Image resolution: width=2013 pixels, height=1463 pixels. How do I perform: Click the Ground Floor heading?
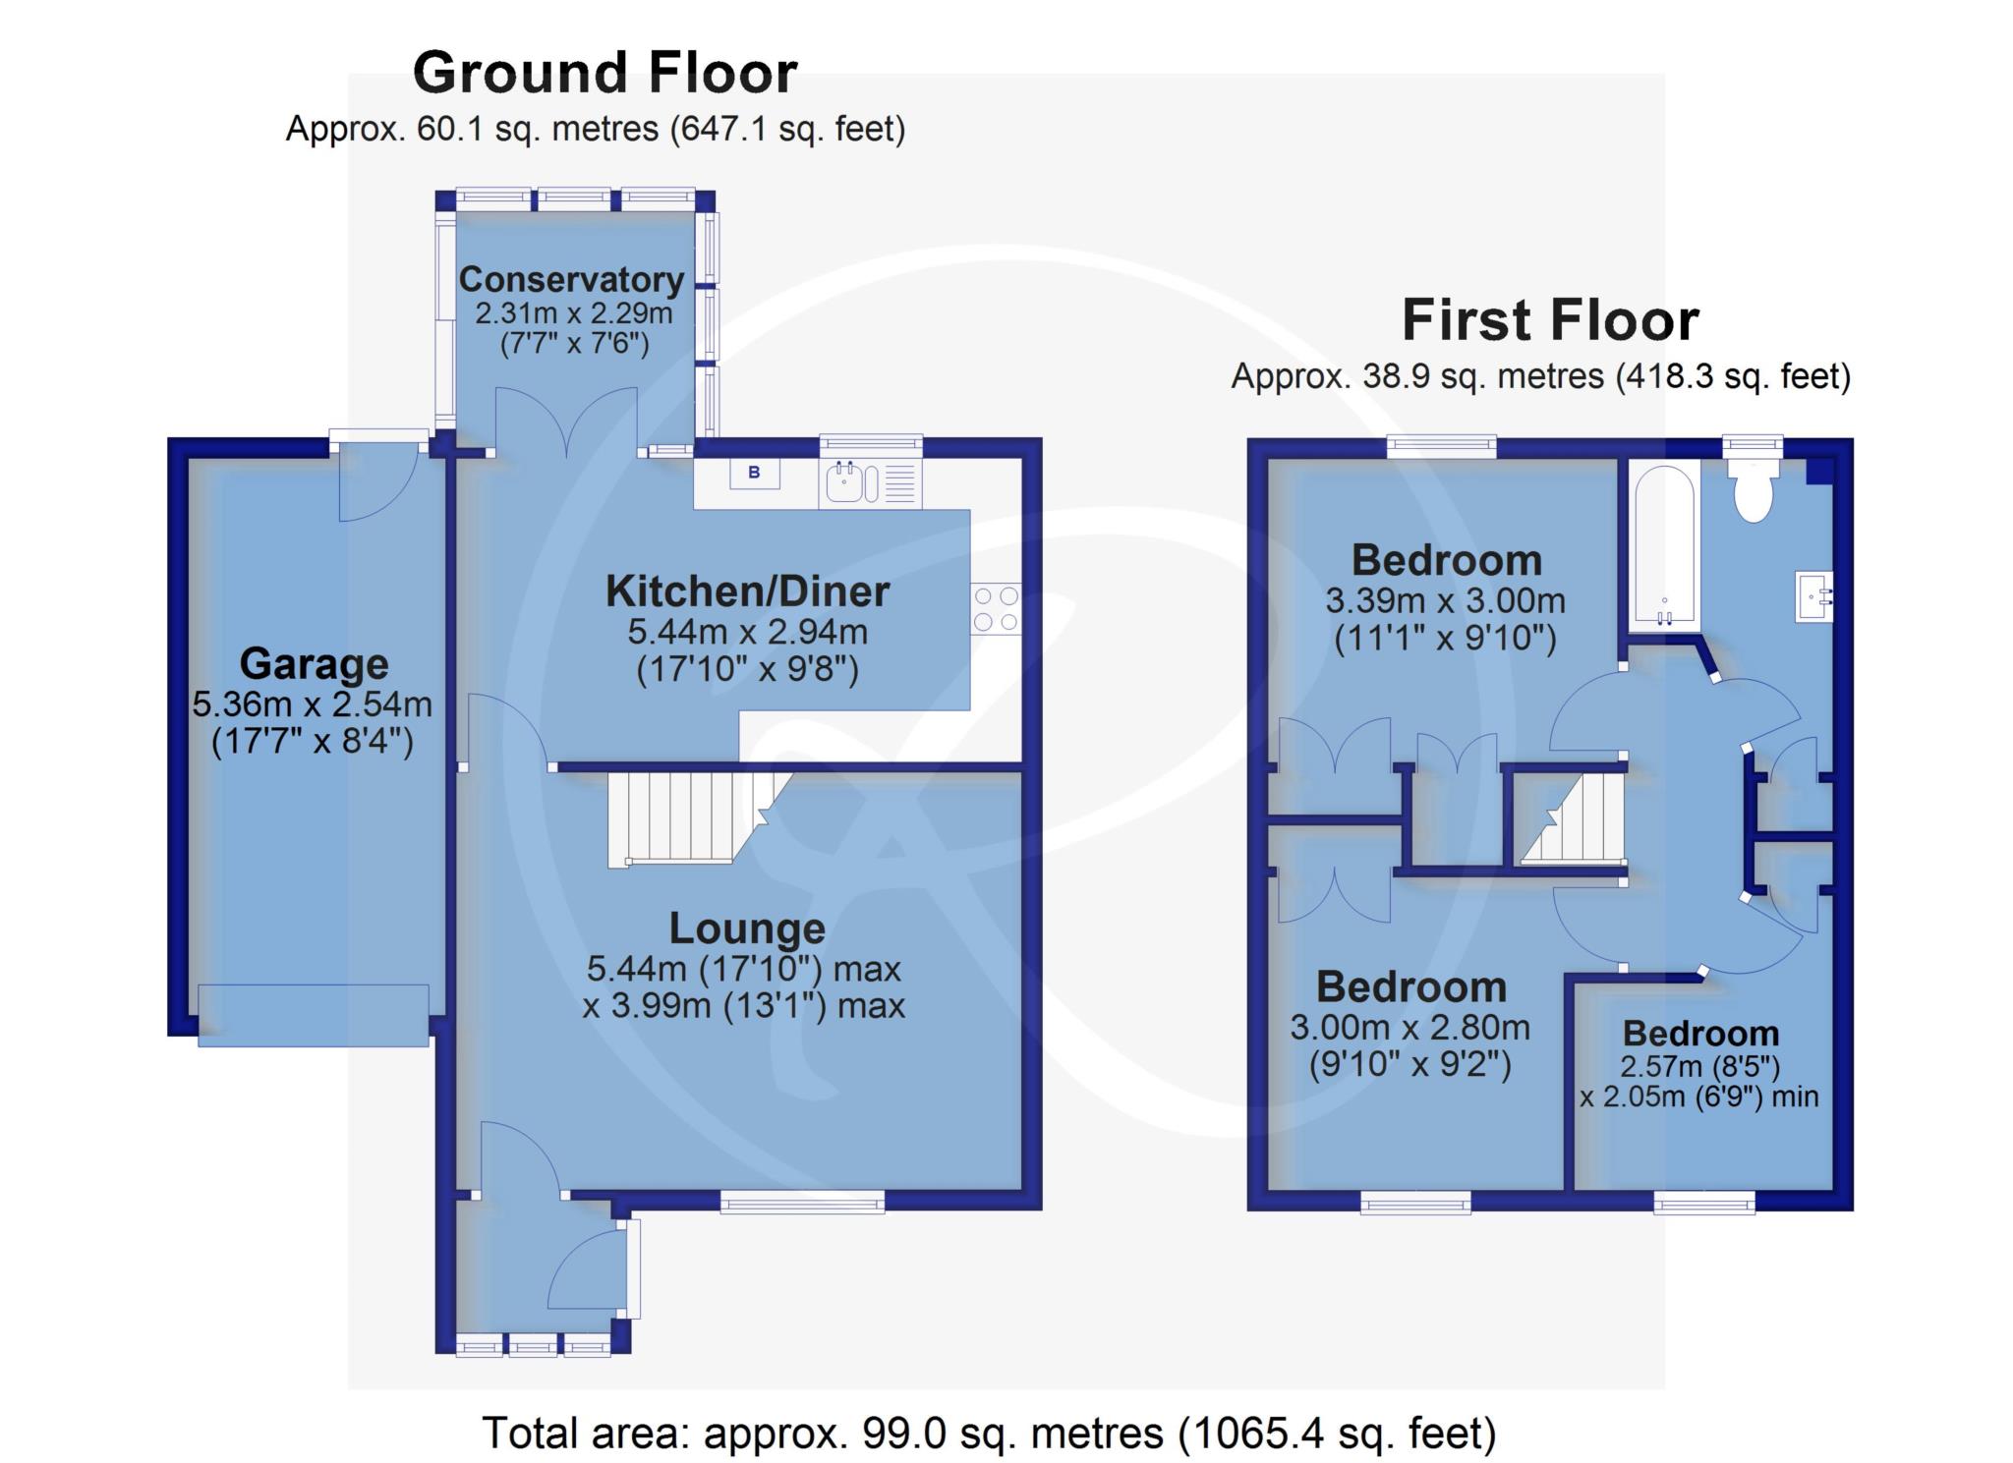604,73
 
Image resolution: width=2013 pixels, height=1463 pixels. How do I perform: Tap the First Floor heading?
1550,320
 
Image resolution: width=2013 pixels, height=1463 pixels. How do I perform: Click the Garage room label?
314,664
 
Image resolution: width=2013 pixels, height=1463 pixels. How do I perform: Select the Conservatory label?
571,280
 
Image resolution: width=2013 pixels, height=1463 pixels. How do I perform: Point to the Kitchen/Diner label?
747,591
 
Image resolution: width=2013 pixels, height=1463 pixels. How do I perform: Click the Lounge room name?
747,928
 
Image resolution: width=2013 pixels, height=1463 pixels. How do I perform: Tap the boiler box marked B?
754,473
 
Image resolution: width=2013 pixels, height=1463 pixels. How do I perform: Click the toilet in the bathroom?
1753,492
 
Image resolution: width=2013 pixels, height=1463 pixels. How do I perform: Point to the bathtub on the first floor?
1663,545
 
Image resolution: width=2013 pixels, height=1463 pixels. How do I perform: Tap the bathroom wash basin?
1814,596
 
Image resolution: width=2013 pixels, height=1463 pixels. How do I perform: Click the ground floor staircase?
699,818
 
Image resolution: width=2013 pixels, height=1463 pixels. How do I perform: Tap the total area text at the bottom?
989,1434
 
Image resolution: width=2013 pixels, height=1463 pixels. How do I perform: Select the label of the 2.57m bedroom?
1700,1034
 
